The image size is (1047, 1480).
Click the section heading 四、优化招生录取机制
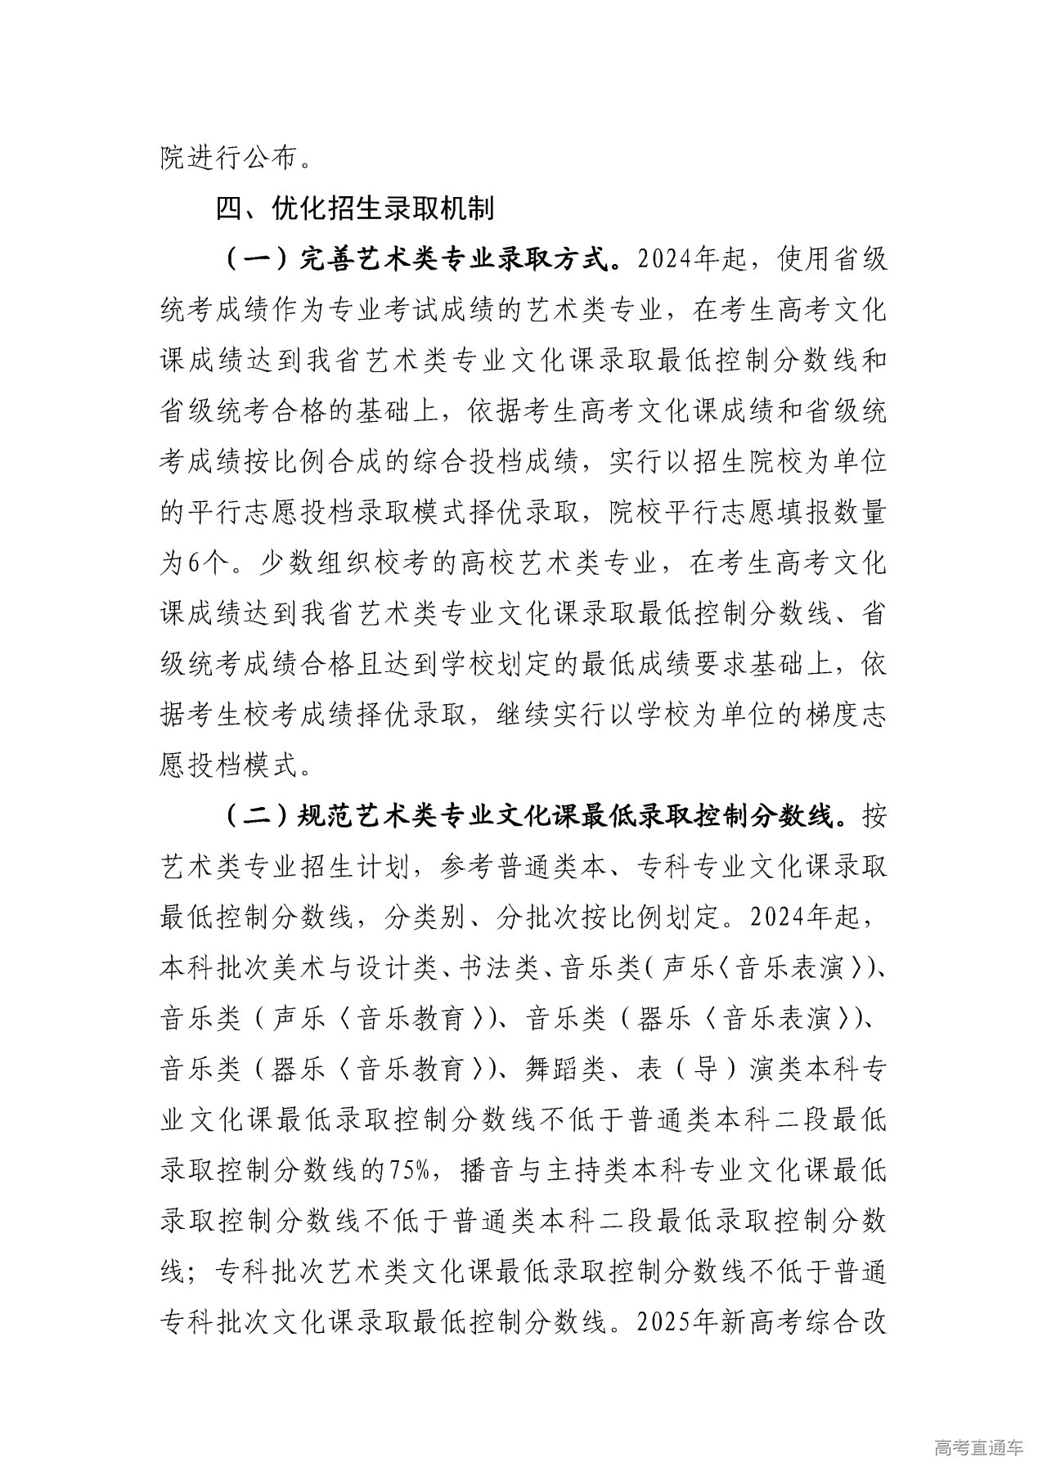coord(354,209)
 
